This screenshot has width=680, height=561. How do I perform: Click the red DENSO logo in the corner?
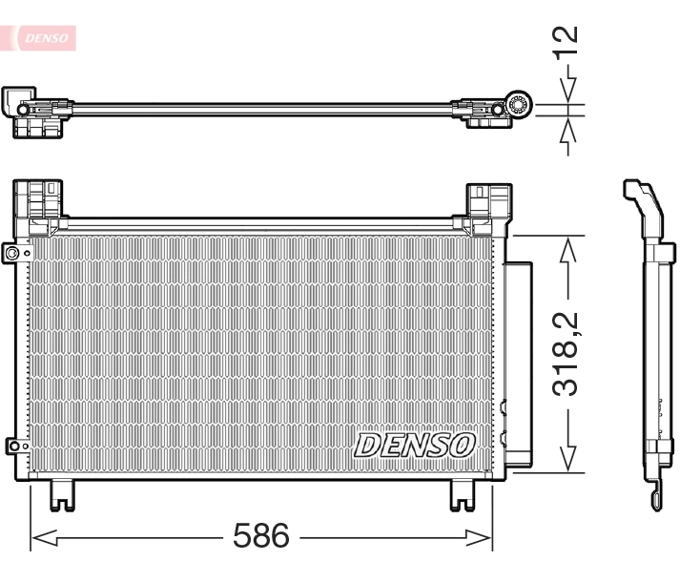pyautogui.click(x=42, y=36)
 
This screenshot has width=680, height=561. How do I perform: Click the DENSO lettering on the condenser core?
pyautogui.click(x=415, y=444)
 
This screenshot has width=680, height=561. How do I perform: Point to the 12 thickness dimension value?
pyautogui.click(x=567, y=40)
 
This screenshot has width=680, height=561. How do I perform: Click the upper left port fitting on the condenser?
pyautogui.click(x=12, y=253)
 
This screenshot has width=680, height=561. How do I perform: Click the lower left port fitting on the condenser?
pyautogui.click(x=12, y=445)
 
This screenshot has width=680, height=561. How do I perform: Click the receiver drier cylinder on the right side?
pyautogui.click(x=519, y=363)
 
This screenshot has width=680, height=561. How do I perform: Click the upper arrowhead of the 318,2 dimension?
pyautogui.click(x=568, y=248)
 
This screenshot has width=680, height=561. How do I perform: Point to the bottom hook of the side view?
pyautogui.click(x=656, y=495)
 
